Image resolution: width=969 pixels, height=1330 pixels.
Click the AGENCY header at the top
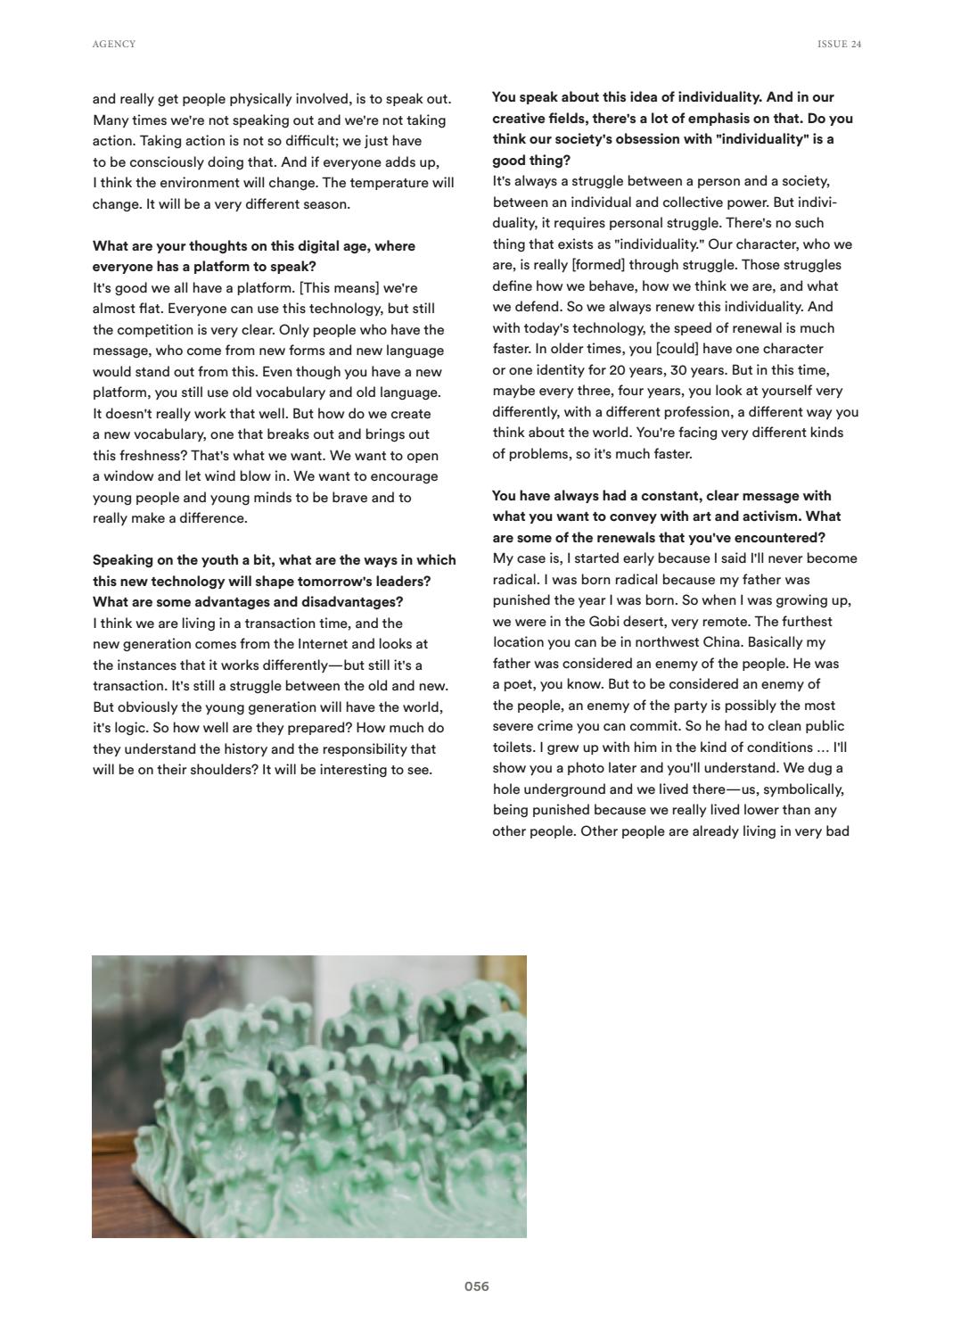pyautogui.click(x=114, y=45)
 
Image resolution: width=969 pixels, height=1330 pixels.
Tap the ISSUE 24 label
pyautogui.click(x=839, y=45)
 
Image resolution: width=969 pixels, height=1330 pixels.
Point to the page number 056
pyautogui.click(x=477, y=1286)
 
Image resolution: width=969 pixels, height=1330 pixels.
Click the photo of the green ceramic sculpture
pyautogui.click(x=309, y=1096)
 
